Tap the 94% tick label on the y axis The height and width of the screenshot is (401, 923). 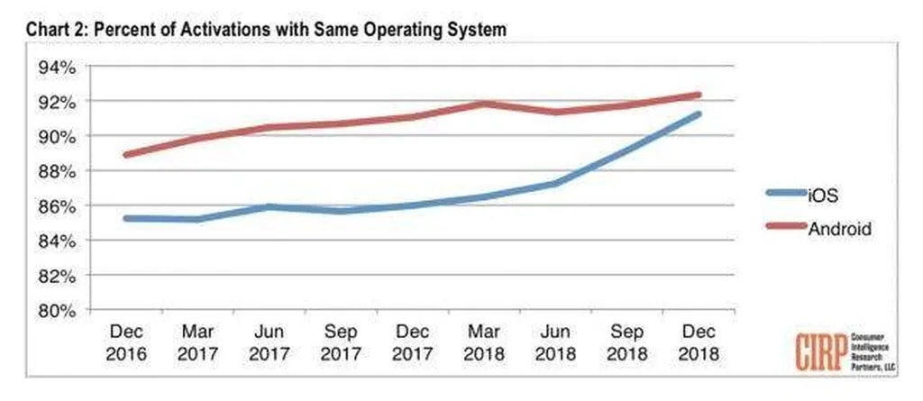[x=56, y=67]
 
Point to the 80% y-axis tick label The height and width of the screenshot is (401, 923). [x=56, y=310]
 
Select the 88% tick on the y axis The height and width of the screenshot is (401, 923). [x=56, y=170]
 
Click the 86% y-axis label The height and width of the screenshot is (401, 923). [x=56, y=205]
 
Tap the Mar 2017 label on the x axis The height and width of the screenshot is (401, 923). [x=198, y=342]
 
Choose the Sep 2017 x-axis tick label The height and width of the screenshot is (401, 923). [x=342, y=342]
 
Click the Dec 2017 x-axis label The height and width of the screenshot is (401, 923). [x=413, y=342]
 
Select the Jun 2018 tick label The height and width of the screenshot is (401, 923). [x=554, y=342]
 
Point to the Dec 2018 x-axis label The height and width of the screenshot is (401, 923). [x=697, y=342]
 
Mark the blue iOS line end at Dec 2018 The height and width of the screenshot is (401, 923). [x=698, y=114]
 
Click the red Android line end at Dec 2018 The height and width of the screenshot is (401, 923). [x=698, y=95]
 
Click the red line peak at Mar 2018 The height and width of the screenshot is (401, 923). [x=484, y=104]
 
